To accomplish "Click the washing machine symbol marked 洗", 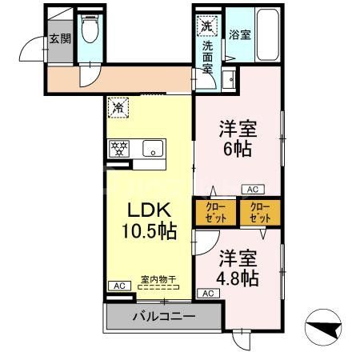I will [x=206, y=26].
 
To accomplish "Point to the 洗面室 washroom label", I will [x=206, y=57].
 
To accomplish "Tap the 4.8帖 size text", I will [x=238, y=278].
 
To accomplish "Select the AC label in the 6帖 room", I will [x=251, y=190].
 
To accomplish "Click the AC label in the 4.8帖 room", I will [x=207, y=294].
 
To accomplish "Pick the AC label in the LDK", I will [x=117, y=286].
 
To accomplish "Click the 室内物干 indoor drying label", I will [x=158, y=279].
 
